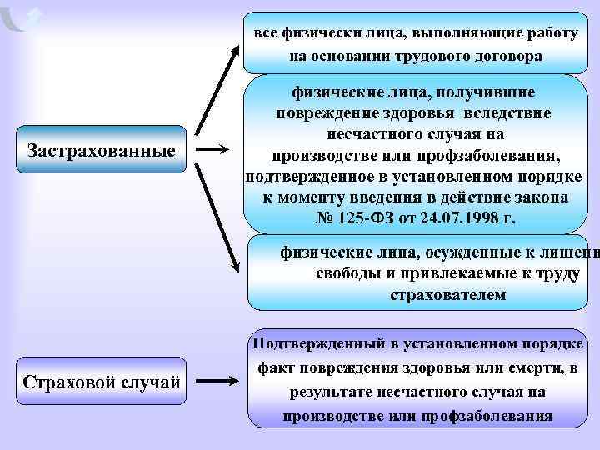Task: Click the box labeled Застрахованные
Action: (x=102, y=150)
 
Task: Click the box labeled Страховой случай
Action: (x=102, y=382)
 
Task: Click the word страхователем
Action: (x=447, y=295)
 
